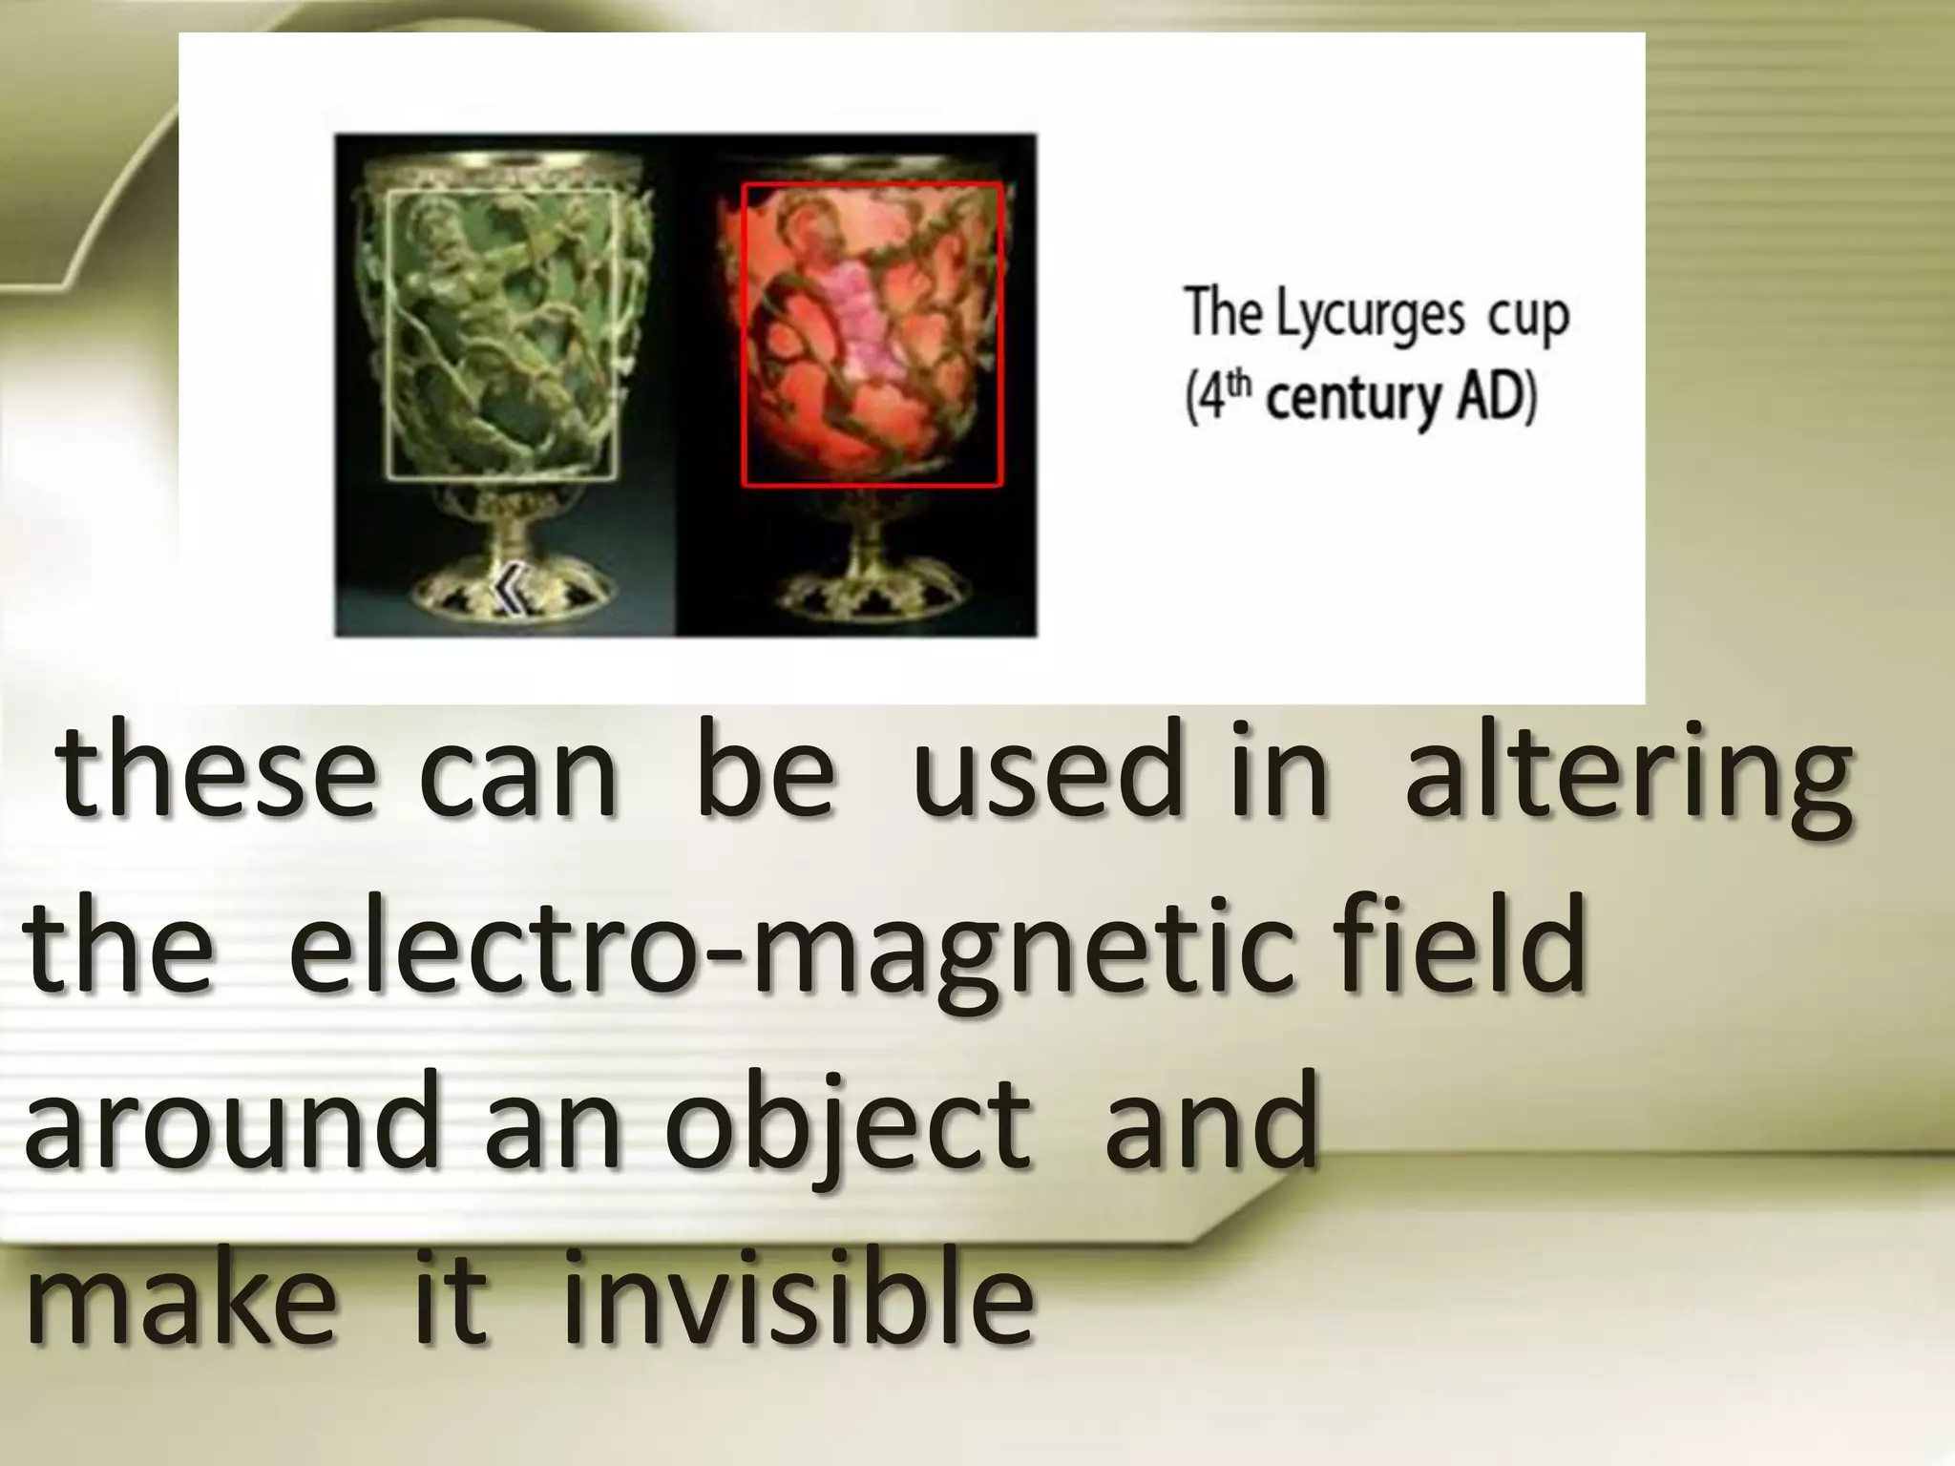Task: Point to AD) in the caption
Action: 1496,396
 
